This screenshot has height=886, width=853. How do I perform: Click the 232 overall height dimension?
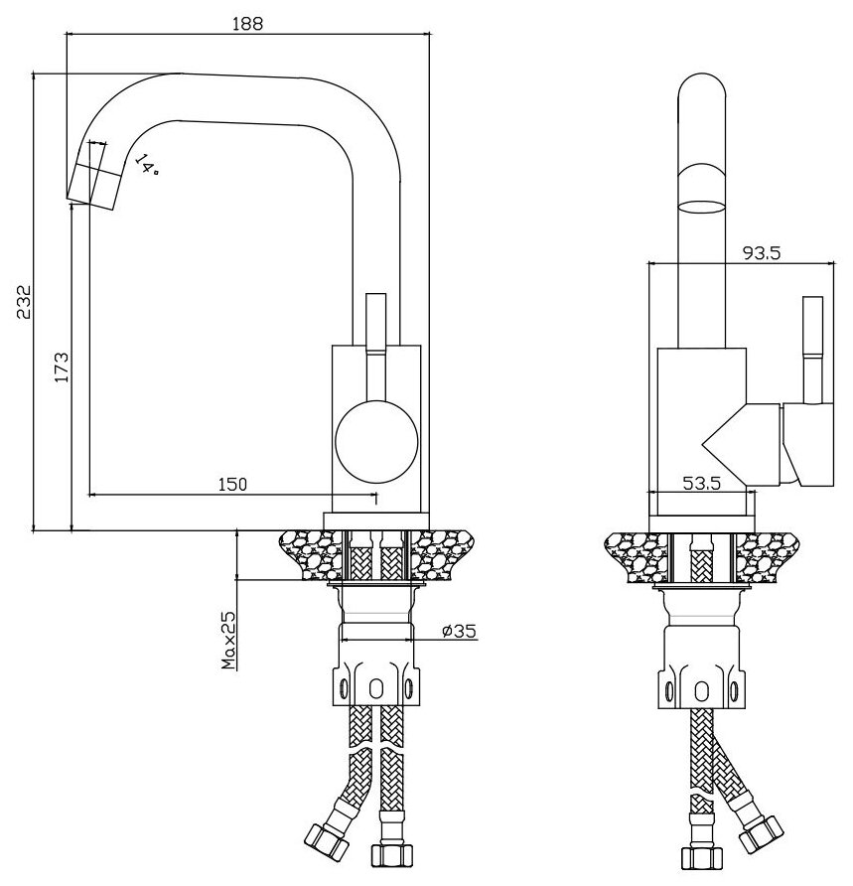tap(25, 302)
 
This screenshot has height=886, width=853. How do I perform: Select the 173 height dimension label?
tap(60, 368)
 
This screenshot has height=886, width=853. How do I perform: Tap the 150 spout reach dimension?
tap(231, 484)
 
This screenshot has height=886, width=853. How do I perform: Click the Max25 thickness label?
tap(228, 640)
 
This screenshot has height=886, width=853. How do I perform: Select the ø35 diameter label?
tap(460, 630)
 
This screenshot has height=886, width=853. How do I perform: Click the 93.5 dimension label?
tap(761, 253)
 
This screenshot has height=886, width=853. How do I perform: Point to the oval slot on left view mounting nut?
tap(375, 688)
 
